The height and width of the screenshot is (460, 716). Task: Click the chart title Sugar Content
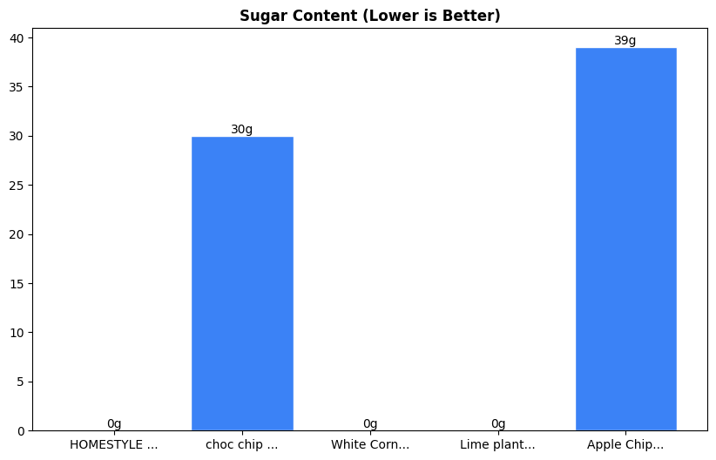coord(370,16)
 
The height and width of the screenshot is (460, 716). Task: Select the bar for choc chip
coord(242,283)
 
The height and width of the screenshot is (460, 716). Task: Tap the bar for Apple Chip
coord(625,239)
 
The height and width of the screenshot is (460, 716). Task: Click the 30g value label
coord(242,130)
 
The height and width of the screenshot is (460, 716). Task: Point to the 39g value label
coord(625,41)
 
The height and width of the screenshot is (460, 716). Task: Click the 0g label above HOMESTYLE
coord(114,424)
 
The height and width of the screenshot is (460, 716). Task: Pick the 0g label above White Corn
coord(370,424)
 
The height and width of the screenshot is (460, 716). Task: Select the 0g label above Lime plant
coord(498,424)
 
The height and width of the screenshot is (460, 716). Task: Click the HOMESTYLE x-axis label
coord(114,445)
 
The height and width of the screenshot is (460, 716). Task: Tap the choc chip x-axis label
coord(242,445)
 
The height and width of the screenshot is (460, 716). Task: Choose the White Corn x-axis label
coord(370,445)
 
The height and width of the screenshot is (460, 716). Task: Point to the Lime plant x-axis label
coord(498,445)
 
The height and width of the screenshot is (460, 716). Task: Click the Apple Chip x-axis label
coord(625,445)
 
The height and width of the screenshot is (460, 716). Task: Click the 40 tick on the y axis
coord(18,38)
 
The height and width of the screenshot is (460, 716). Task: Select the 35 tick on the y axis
coord(18,87)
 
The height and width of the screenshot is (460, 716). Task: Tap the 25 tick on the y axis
coord(18,186)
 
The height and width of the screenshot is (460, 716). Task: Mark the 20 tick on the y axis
coord(18,234)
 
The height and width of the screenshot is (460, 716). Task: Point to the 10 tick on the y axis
coord(18,333)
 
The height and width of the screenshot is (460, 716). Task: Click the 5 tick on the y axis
coord(22,382)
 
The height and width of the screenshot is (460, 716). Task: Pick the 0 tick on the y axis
coord(22,430)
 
